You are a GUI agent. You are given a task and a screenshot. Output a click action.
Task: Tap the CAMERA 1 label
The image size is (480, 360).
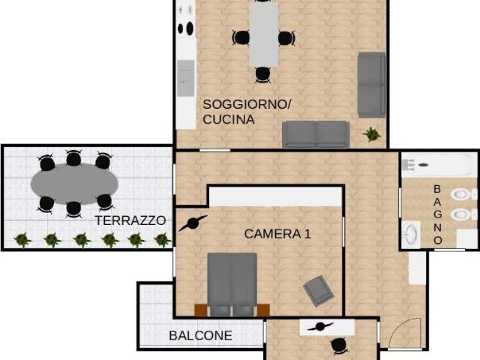(277, 234)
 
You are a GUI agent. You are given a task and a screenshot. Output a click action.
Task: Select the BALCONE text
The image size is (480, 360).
(200, 336)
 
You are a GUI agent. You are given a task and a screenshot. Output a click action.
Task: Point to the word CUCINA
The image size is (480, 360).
(229, 119)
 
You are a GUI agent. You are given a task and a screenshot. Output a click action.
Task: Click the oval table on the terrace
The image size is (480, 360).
(73, 181)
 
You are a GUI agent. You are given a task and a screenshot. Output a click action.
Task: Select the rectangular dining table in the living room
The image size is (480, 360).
(263, 34)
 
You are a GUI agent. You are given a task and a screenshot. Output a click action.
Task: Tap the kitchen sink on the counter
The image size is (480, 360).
(185, 76)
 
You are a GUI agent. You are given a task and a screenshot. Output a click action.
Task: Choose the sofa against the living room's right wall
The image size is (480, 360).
(371, 84)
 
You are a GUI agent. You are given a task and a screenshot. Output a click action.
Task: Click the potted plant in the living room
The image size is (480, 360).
(370, 134)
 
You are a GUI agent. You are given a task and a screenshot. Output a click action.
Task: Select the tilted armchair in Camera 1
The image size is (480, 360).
(318, 290)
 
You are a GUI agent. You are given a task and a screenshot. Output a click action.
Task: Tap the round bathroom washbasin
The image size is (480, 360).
(411, 232)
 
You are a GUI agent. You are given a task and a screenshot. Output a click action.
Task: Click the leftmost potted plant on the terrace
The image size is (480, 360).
(22, 239)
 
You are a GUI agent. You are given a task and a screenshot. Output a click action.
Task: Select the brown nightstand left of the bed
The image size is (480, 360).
(200, 309)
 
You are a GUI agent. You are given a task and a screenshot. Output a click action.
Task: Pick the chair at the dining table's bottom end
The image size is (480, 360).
(262, 73)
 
